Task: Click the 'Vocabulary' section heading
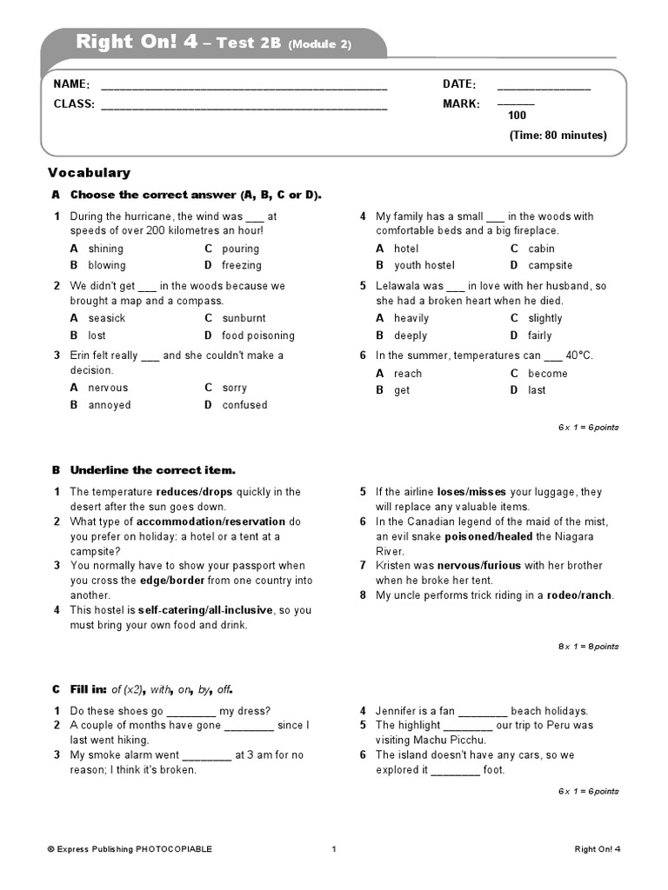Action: [89, 173]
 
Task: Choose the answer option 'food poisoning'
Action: [257, 335]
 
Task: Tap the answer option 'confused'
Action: [244, 405]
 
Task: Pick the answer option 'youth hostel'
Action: [424, 265]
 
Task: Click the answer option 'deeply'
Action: [411, 335]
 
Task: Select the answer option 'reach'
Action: [407, 373]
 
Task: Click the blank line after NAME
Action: [244, 85]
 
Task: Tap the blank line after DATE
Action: [543, 85]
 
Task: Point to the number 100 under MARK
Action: [517, 115]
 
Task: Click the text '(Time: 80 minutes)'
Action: [558, 136]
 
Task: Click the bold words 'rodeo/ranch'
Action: [579, 595]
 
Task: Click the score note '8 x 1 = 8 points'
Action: [588, 646]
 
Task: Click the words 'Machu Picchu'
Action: [450, 740]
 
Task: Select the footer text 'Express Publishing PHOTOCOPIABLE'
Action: [130, 849]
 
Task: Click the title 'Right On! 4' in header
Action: [137, 42]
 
